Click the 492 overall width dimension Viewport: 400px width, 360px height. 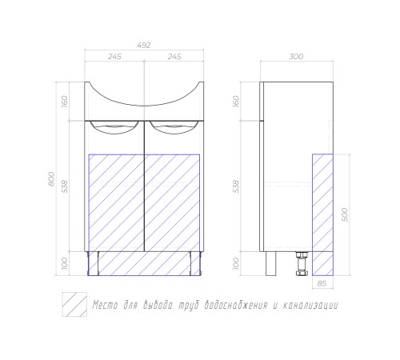click(x=144, y=46)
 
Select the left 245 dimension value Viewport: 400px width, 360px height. click(x=114, y=57)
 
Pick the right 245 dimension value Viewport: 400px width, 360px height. click(x=174, y=57)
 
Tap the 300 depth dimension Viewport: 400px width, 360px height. click(x=296, y=57)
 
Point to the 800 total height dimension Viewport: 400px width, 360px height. click(x=52, y=179)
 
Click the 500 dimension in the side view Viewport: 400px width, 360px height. click(x=344, y=214)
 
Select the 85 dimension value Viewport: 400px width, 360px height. click(x=322, y=284)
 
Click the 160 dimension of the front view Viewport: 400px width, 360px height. click(x=65, y=102)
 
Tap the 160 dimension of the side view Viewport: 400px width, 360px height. click(x=236, y=102)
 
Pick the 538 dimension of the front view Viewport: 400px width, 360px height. click(x=65, y=186)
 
